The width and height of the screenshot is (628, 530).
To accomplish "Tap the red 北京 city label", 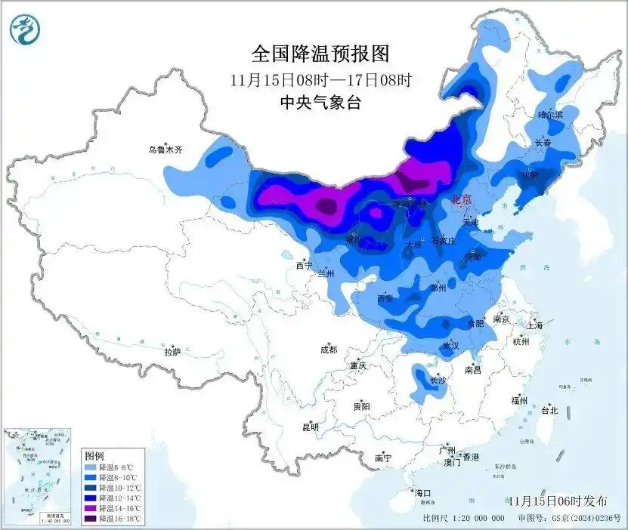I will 461,200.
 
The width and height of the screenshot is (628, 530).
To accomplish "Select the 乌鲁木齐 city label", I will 166,150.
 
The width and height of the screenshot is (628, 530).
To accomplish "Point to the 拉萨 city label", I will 172,352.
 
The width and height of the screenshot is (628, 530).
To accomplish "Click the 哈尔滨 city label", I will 551,115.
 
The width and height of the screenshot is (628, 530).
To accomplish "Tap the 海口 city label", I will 423,492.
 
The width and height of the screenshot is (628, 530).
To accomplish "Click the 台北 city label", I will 549,411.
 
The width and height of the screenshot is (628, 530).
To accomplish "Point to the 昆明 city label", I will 311,427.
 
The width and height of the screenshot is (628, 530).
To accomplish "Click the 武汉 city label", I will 451,345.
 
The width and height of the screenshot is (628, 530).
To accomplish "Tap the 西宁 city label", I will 304,266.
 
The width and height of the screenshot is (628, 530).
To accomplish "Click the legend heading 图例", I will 94,456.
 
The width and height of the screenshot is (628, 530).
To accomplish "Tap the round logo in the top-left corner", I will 25,29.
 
